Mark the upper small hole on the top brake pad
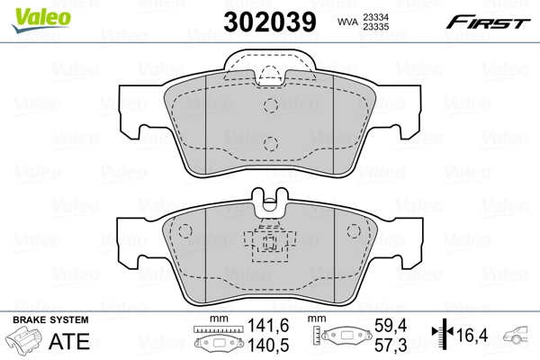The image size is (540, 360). pyautogui.click(x=270, y=105)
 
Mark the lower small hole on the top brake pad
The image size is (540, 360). pyautogui.click(x=270, y=141)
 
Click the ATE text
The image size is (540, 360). pyautogui.click(x=74, y=340)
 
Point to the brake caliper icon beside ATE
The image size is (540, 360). pyautogui.click(x=24, y=342)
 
